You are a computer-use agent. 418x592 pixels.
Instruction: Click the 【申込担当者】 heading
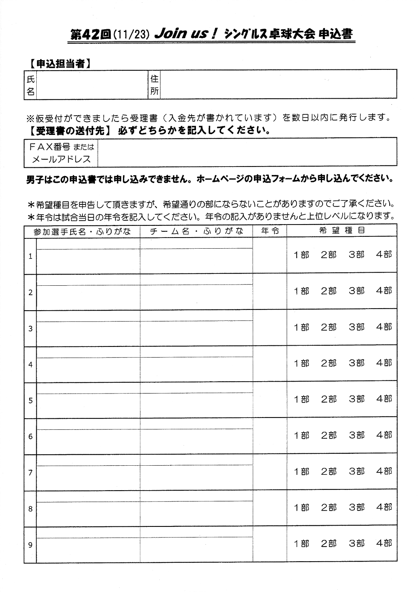(59, 63)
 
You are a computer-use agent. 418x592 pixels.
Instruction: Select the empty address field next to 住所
(278, 84)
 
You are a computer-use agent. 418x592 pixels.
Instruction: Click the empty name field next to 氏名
(91, 84)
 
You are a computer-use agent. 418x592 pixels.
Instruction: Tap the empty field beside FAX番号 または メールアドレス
(247, 152)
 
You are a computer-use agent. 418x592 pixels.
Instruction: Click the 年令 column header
(270, 231)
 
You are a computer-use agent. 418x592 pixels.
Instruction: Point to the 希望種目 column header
(341, 231)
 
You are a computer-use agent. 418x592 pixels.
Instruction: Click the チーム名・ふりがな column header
(196, 231)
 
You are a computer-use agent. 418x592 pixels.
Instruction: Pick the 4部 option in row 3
(384, 327)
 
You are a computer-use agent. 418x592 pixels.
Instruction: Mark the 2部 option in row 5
(328, 399)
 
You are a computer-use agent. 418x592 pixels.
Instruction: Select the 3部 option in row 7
(356, 471)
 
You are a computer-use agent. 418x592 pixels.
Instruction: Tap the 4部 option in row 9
(384, 543)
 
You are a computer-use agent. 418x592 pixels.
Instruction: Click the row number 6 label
(30, 437)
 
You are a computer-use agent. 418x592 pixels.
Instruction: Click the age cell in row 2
(270, 292)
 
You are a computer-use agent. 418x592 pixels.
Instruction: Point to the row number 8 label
(30, 509)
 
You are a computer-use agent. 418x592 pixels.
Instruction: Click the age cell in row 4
(270, 364)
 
